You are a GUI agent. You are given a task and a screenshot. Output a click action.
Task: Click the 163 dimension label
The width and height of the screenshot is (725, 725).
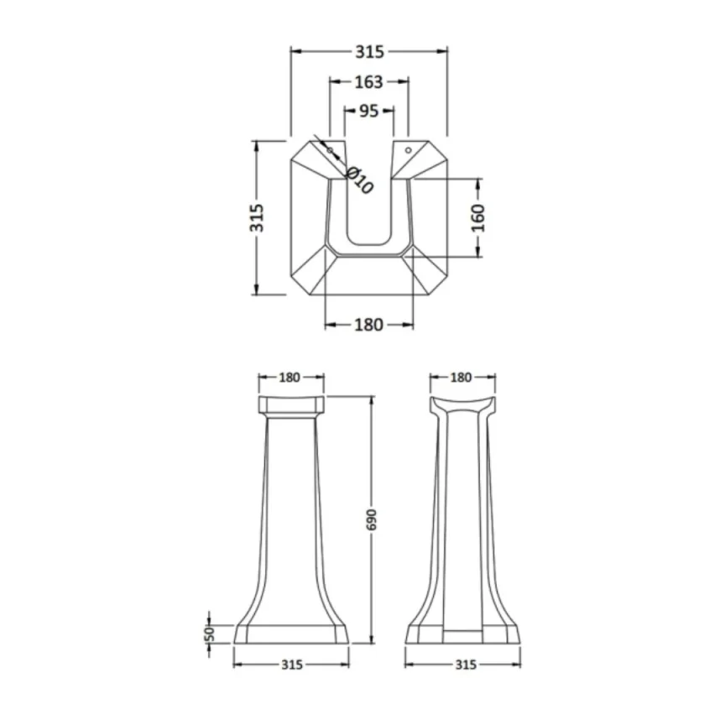click(x=368, y=81)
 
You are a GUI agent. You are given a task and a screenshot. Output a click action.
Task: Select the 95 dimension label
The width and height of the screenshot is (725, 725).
click(x=368, y=111)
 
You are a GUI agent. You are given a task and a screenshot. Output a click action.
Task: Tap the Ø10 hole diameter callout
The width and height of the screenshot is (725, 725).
click(x=358, y=180)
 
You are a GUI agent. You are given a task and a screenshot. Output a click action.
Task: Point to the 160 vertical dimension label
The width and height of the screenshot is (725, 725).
click(x=477, y=217)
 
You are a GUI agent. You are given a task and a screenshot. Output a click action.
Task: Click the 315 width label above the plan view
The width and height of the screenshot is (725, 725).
click(x=368, y=52)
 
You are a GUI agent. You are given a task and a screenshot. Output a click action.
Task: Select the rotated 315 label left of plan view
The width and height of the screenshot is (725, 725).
click(x=257, y=217)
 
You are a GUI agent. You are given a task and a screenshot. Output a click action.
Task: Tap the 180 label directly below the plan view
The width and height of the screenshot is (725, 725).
click(x=368, y=324)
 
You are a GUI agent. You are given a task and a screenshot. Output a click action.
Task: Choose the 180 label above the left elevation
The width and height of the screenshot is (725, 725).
click(x=289, y=378)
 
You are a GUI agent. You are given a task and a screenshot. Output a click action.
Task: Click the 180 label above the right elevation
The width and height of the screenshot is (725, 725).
click(x=461, y=378)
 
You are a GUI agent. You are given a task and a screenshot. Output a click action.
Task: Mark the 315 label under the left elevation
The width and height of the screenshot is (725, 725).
click(x=290, y=665)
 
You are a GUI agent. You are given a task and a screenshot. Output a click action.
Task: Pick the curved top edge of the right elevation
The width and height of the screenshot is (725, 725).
click(x=461, y=400)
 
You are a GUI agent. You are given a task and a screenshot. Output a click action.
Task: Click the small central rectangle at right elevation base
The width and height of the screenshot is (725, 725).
click(x=463, y=638)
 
